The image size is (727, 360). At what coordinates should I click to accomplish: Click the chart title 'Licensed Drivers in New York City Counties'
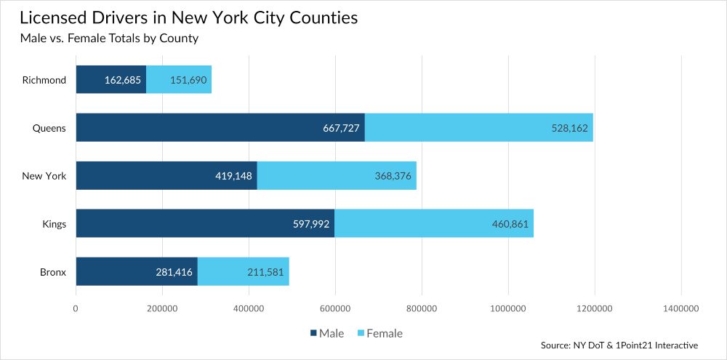click(x=188, y=17)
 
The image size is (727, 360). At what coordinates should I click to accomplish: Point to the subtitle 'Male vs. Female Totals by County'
click(x=109, y=39)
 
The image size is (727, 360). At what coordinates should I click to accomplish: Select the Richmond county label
click(x=44, y=80)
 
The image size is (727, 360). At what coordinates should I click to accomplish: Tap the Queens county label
click(x=49, y=128)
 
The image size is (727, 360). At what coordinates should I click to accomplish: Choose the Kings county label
click(x=54, y=224)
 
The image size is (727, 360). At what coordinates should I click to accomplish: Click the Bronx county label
click(x=52, y=272)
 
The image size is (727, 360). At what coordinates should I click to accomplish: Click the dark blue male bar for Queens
click(x=220, y=128)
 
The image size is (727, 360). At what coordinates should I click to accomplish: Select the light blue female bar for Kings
click(x=434, y=224)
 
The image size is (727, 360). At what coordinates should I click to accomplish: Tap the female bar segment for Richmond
click(x=179, y=80)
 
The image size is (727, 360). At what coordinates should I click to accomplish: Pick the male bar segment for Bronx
click(x=137, y=272)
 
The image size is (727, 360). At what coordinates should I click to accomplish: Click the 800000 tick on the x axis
click(x=421, y=309)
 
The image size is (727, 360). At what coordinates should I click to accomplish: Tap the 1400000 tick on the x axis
click(x=680, y=309)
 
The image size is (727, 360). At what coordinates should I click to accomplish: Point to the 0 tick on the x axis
click(x=76, y=309)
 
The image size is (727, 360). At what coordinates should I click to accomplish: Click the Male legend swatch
click(x=314, y=334)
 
